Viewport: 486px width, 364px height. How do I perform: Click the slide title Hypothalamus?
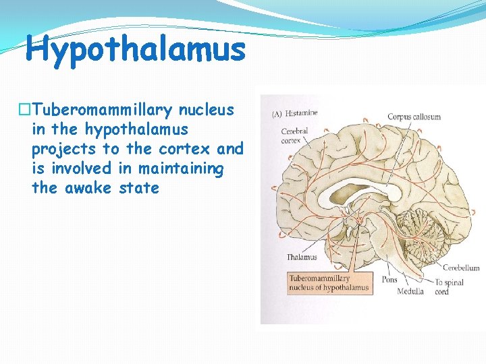[135, 50]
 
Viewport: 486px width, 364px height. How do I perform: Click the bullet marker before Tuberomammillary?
[25, 109]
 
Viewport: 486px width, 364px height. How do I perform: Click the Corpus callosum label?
[413, 117]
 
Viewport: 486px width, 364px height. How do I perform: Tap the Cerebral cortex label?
[294, 135]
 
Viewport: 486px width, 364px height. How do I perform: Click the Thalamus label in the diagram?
[301, 257]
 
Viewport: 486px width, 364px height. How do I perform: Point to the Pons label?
[390, 279]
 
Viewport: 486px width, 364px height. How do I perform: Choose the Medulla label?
[410, 291]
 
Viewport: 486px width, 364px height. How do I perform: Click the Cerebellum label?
[460, 268]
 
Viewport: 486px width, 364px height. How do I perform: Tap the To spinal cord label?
[449, 286]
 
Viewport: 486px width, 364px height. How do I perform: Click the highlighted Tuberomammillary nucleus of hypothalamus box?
[329, 283]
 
